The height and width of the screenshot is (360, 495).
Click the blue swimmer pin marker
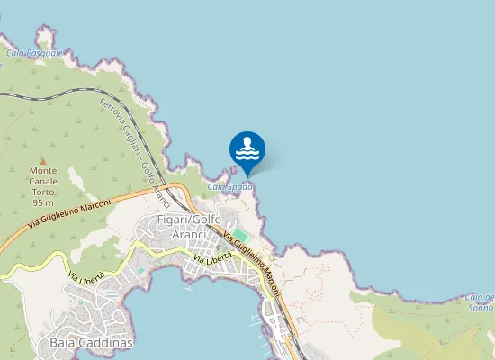click(x=247, y=150)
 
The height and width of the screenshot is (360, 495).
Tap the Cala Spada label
click(x=230, y=186)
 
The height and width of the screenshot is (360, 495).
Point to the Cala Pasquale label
click(x=34, y=53)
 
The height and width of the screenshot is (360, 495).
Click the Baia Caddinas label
click(x=86, y=343)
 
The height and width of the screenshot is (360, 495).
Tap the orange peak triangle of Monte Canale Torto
click(x=42, y=160)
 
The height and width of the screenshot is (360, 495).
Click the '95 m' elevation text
click(x=43, y=203)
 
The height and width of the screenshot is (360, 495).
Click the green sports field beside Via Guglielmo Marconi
click(x=240, y=234)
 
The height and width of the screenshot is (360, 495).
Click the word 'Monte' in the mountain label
click(x=43, y=170)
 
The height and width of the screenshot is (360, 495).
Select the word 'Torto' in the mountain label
click(x=43, y=192)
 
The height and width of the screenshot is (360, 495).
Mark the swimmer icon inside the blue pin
click(x=247, y=147)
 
